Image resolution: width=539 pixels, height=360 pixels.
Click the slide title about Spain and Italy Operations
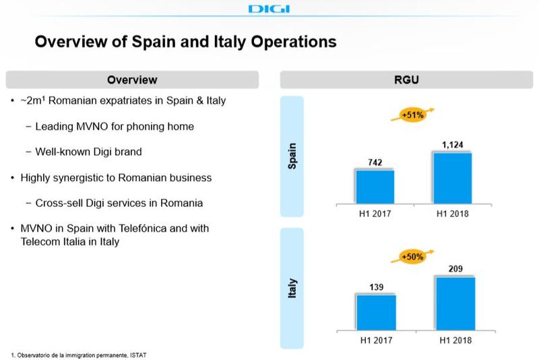pyautogui.click(x=185, y=42)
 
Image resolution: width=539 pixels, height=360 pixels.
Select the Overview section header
pyautogui.click(x=132, y=80)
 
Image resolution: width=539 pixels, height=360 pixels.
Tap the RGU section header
pyautogui.click(x=406, y=80)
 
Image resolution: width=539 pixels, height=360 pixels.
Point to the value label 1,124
pyautogui.click(x=451, y=144)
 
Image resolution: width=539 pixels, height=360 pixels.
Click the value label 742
pyautogui.click(x=375, y=162)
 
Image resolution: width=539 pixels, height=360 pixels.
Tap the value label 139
pyautogui.click(x=375, y=286)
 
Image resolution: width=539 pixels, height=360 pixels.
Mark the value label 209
pyautogui.click(x=455, y=268)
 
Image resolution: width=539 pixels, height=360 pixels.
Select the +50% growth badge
pyautogui.click(x=412, y=258)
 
